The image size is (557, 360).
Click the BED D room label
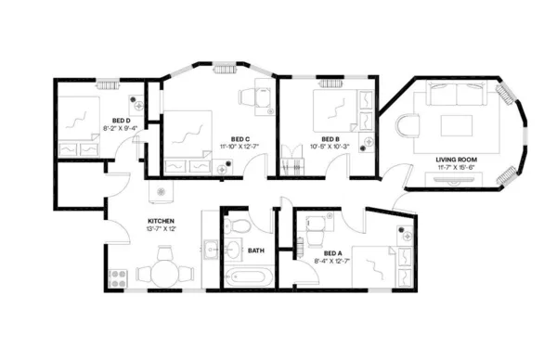tap(121, 121)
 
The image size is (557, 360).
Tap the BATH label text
tap(255, 250)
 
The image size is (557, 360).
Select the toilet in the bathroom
tap(238, 225)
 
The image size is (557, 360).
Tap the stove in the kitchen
tap(118, 275)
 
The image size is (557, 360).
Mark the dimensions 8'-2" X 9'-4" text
tap(121, 129)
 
